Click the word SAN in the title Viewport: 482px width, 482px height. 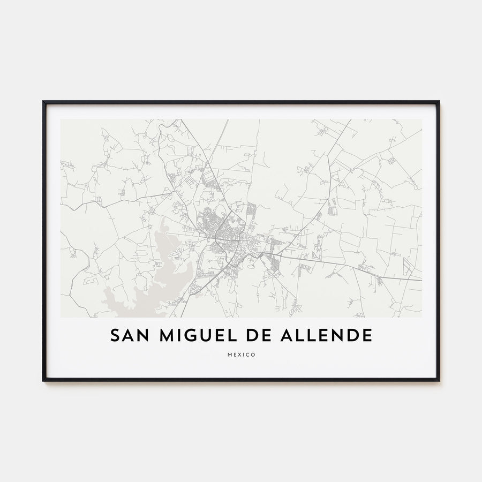coord(129,335)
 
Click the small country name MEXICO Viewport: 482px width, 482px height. coord(241,355)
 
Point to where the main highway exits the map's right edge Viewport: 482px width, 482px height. coord(421,280)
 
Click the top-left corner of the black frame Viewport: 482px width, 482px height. coord(43,102)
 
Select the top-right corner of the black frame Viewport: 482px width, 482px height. coord(439,102)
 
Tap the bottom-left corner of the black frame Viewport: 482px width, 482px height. coord(43,380)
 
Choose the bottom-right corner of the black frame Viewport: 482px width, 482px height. coord(439,380)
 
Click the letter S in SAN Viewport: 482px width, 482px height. coord(115,335)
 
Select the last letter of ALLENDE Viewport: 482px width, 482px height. coord(367,335)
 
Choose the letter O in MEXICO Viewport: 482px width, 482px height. coord(253,355)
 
